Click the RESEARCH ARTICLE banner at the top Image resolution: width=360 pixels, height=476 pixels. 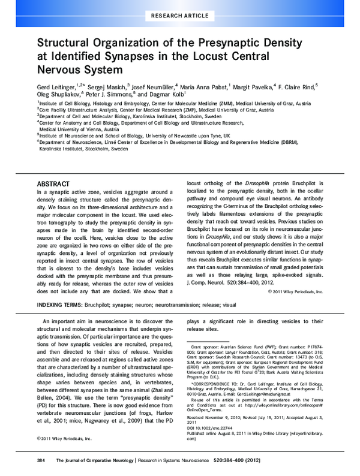click(179, 13)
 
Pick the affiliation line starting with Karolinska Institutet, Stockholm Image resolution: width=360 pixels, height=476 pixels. click(84, 149)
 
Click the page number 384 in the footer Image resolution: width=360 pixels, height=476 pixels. click(41, 460)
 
